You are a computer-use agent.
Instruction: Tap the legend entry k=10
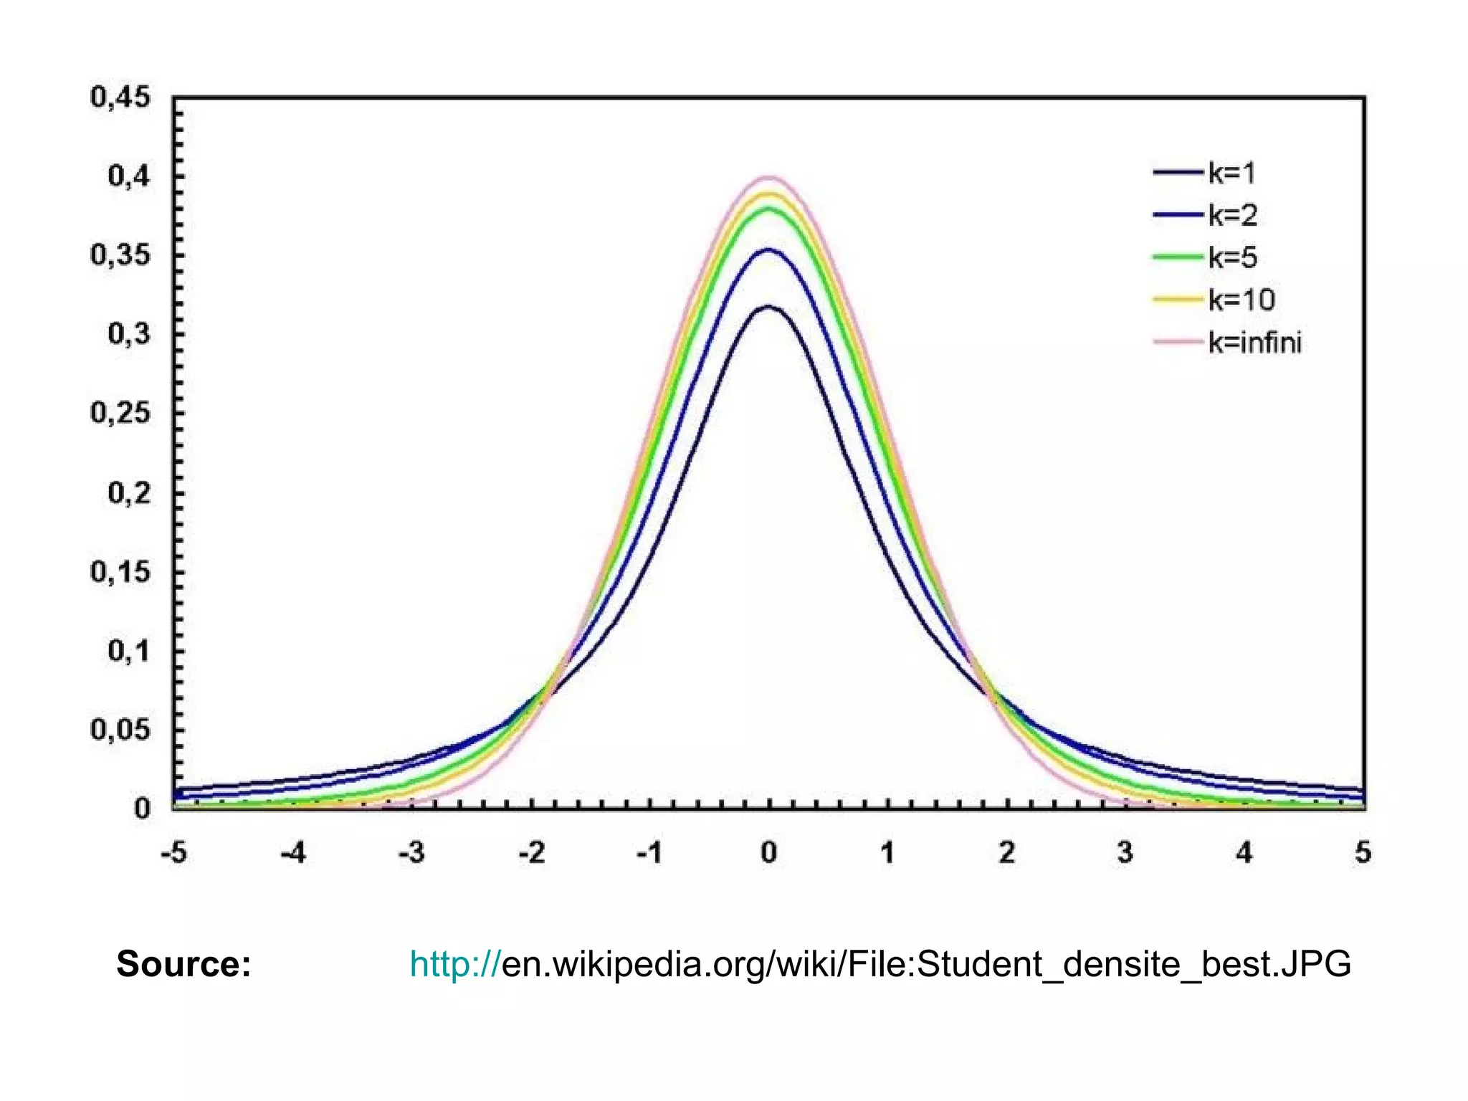coord(1241,300)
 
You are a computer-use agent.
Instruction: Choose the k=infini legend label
coord(1254,343)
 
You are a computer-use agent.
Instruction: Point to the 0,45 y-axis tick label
coord(120,97)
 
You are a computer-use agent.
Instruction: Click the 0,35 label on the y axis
coord(120,255)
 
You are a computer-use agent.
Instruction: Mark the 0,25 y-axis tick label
coord(120,413)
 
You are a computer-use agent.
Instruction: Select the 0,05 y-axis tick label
coord(120,730)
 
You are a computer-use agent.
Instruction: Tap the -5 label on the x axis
coord(173,853)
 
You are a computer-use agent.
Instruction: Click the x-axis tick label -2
coord(531,853)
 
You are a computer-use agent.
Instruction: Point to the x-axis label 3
coord(1125,853)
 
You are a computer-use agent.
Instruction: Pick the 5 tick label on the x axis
coord(1363,853)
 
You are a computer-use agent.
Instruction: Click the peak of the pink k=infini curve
coord(768,177)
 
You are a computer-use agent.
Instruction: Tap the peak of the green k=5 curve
coord(768,209)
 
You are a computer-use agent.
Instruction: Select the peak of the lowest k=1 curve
coord(768,307)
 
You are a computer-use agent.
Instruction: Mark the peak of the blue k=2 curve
coord(768,250)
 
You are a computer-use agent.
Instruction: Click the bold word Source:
coord(183,964)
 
